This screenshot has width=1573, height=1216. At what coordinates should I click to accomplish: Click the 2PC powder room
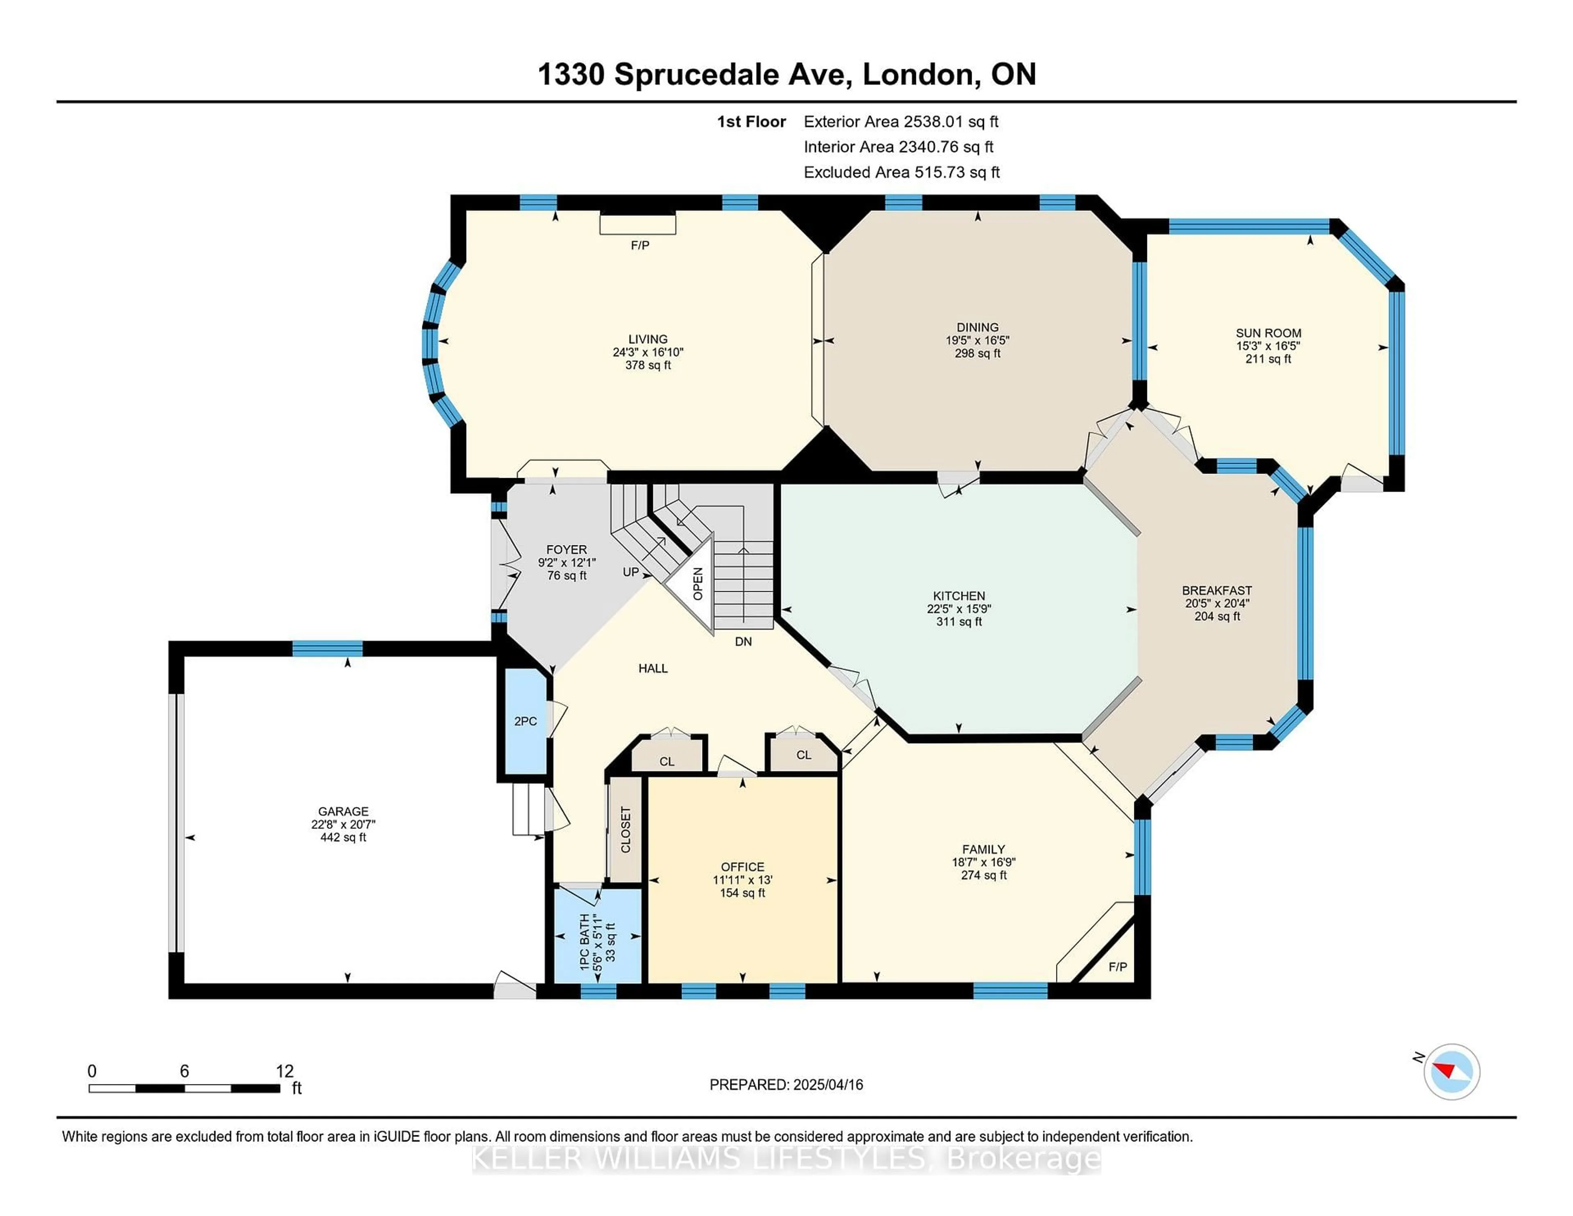pyautogui.click(x=525, y=721)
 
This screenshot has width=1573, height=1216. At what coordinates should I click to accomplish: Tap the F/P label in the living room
pyautogui.click(x=639, y=246)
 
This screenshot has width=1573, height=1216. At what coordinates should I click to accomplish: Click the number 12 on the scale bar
pyautogui.click(x=285, y=1071)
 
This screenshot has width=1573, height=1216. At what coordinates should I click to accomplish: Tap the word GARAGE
pyautogui.click(x=344, y=811)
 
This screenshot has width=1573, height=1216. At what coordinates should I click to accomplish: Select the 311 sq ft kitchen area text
pyautogui.click(x=959, y=622)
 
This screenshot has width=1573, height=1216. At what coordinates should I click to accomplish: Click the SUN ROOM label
pyautogui.click(x=1268, y=333)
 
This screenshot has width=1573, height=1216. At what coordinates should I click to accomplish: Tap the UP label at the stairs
pyautogui.click(x=631, y=572)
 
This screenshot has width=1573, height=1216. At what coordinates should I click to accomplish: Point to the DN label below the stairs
pyautogui.click(x=743, y=641)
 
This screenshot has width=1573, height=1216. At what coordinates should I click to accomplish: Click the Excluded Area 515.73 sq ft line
pyautogui.click(x=901, y=172)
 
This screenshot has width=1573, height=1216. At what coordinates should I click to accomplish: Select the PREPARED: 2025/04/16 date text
pyautogui.click(x=786, y=1084)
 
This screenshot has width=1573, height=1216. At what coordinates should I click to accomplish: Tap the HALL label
pyautogui.click(x=653, y=669)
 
